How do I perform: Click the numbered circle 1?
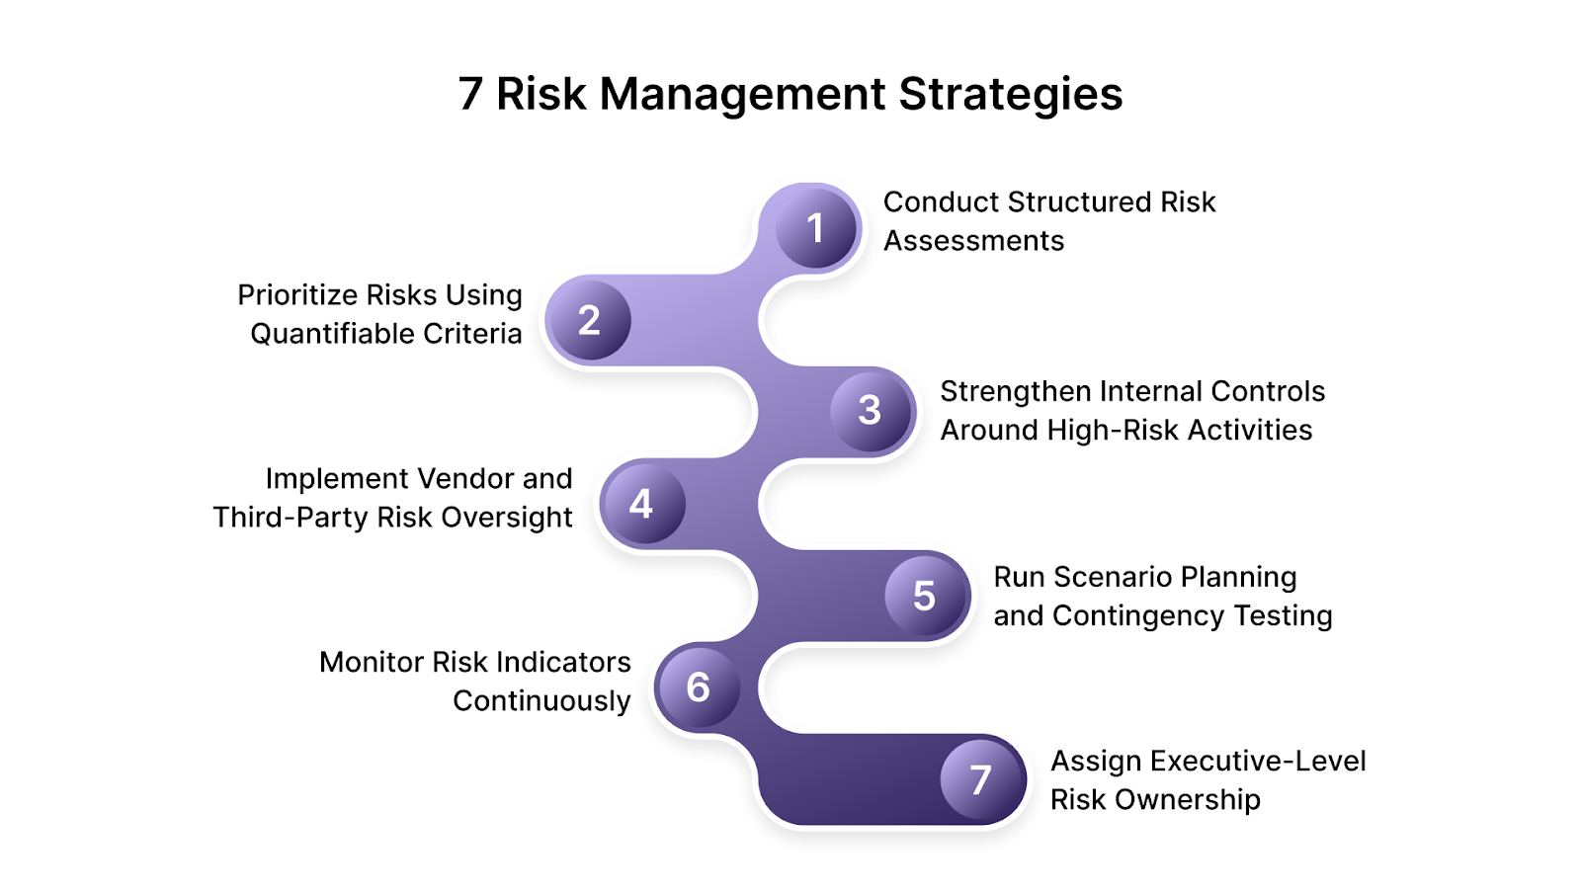tap(815, 228)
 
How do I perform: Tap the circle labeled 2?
tap(589, 320)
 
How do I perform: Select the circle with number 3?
tap(870, 410)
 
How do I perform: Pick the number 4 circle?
tap(641, 504)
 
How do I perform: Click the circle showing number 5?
tap(924, 596)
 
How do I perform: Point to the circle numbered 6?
tap(698, 687)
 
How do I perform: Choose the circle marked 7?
tap(980, 779)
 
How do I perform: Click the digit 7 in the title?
tap(470, 95)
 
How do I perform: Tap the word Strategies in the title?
tap(1010, 95)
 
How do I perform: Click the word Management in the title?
tap(742, 95)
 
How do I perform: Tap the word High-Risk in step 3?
tap(1112, 430)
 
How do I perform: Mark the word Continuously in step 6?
tap(541, 701)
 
